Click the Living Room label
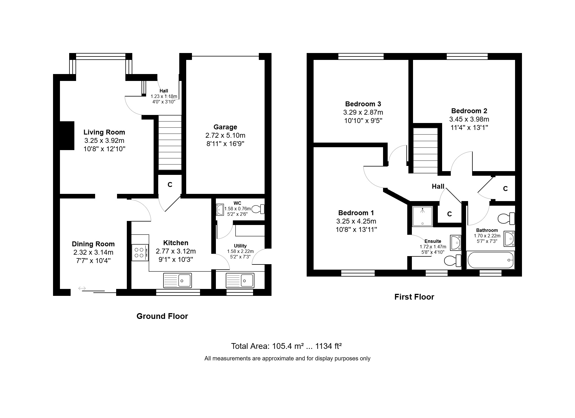tap(104, 132)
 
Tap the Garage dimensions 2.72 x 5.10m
tap(225, 135)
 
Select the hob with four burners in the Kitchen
tap(140, 253)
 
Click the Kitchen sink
tap(177, 280)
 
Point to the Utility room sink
tap(240, 280)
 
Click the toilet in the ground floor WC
tap(258, 209)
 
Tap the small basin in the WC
tap(220, 210)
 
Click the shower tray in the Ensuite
tap(423, 216)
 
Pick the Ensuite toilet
tap(453, 261)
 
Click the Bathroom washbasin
tap(509, 239)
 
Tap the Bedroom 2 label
tap(469, 111)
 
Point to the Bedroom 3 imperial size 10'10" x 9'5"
tap(363, 121)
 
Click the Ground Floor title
tap(162, 316)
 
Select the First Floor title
tap(414, 297)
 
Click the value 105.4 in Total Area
tap(283, 346)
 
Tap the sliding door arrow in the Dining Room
tap(82, 288)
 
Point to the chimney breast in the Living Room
tap(67, 136)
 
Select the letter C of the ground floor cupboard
tap(170, 185)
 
